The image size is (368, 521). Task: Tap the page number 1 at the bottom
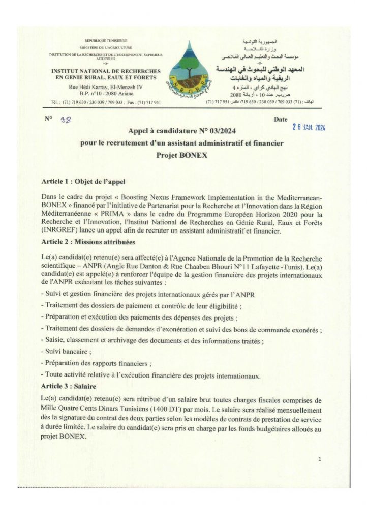319,459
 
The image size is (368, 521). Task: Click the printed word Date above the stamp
280,119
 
